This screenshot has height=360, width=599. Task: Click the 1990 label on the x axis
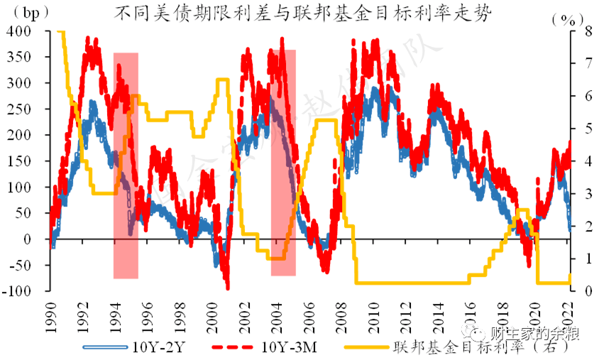[x=50, y=312]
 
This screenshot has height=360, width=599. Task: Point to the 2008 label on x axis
[x=342, y=312]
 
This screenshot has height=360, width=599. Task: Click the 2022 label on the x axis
[x=568, y=312]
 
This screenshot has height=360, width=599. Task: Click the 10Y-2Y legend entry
[x=135, y=347]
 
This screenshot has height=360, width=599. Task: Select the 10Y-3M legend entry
[x=270, y=347]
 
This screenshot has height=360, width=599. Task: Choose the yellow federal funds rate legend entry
[x=461, y=347]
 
